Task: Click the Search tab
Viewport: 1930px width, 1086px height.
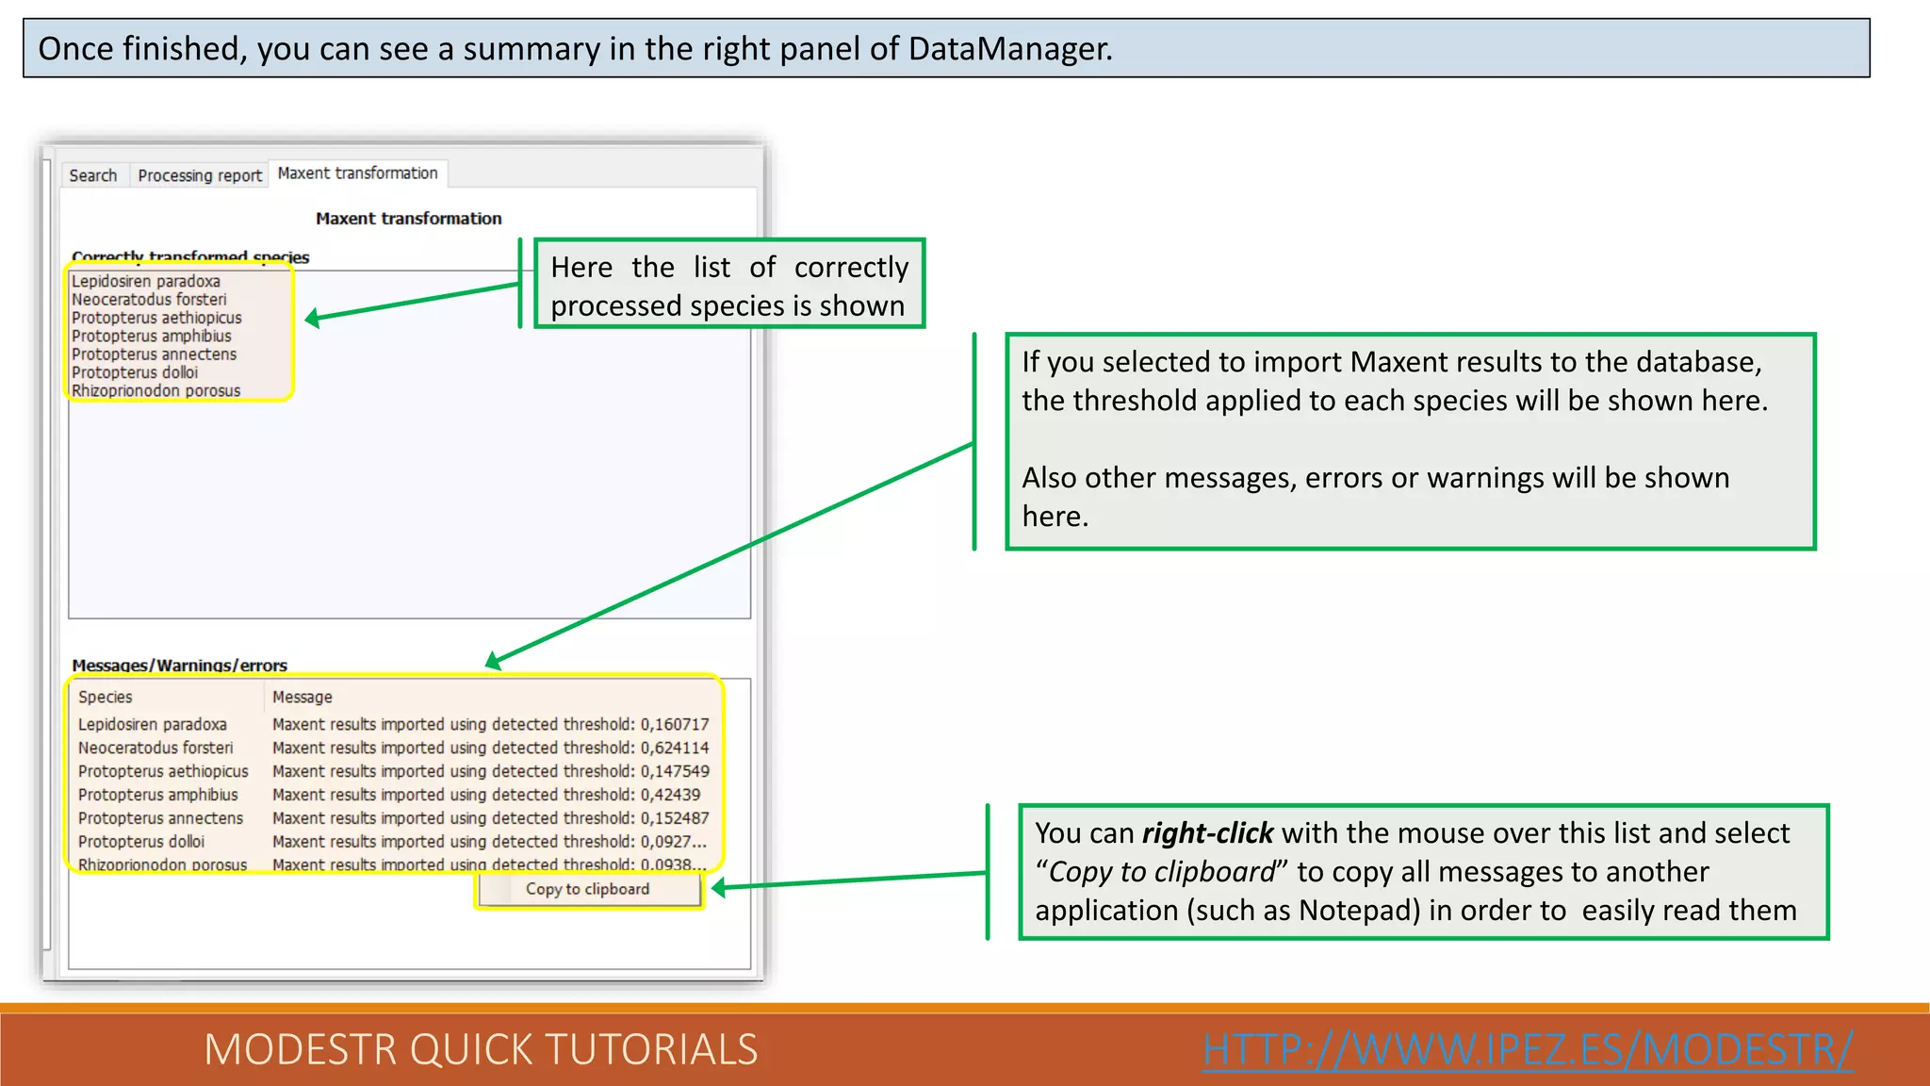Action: point(92,175)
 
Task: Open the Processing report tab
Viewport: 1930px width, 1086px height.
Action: point(200,175)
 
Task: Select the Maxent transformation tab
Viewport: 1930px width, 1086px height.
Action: point(357,173)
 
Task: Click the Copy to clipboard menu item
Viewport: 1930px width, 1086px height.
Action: point(587,889)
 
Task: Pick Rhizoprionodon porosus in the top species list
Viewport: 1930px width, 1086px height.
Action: point(155,391)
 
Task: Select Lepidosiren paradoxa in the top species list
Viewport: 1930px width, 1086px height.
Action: point(145,281)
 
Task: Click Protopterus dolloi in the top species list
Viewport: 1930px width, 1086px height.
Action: point(135,372)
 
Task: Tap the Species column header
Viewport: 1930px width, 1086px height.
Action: point(106,697)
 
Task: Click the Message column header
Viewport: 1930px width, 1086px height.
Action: point(303,697)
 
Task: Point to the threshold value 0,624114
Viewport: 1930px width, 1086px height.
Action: point(675,748)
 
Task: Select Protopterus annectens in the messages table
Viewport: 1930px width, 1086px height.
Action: point(160,818)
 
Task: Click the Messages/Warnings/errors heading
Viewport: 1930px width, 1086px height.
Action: point(179,666)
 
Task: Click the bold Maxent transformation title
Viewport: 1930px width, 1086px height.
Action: point(408,219)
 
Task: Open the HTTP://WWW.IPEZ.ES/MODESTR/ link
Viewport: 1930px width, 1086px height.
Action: point(1528,1049)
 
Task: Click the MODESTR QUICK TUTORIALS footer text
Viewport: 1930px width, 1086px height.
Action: point(481,1049)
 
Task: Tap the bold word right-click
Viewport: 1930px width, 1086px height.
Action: point(1207,833)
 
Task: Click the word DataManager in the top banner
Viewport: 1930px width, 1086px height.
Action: point(1008,49)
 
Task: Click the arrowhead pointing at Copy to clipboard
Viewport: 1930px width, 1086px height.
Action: point(719,888)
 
